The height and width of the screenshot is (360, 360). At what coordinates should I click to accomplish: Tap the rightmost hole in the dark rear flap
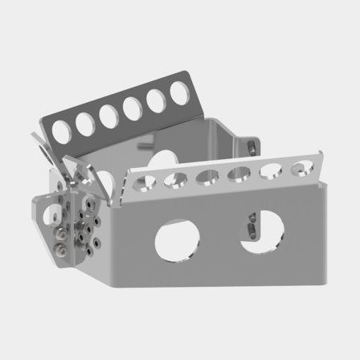point(178,93)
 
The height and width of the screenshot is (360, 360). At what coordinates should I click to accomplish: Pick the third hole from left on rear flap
point(108,114)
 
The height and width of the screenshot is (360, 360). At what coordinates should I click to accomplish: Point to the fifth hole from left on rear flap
point(156,100)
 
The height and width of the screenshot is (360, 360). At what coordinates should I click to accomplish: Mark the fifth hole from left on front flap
point(272,170)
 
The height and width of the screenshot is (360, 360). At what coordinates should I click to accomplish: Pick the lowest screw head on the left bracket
point(59,256)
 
